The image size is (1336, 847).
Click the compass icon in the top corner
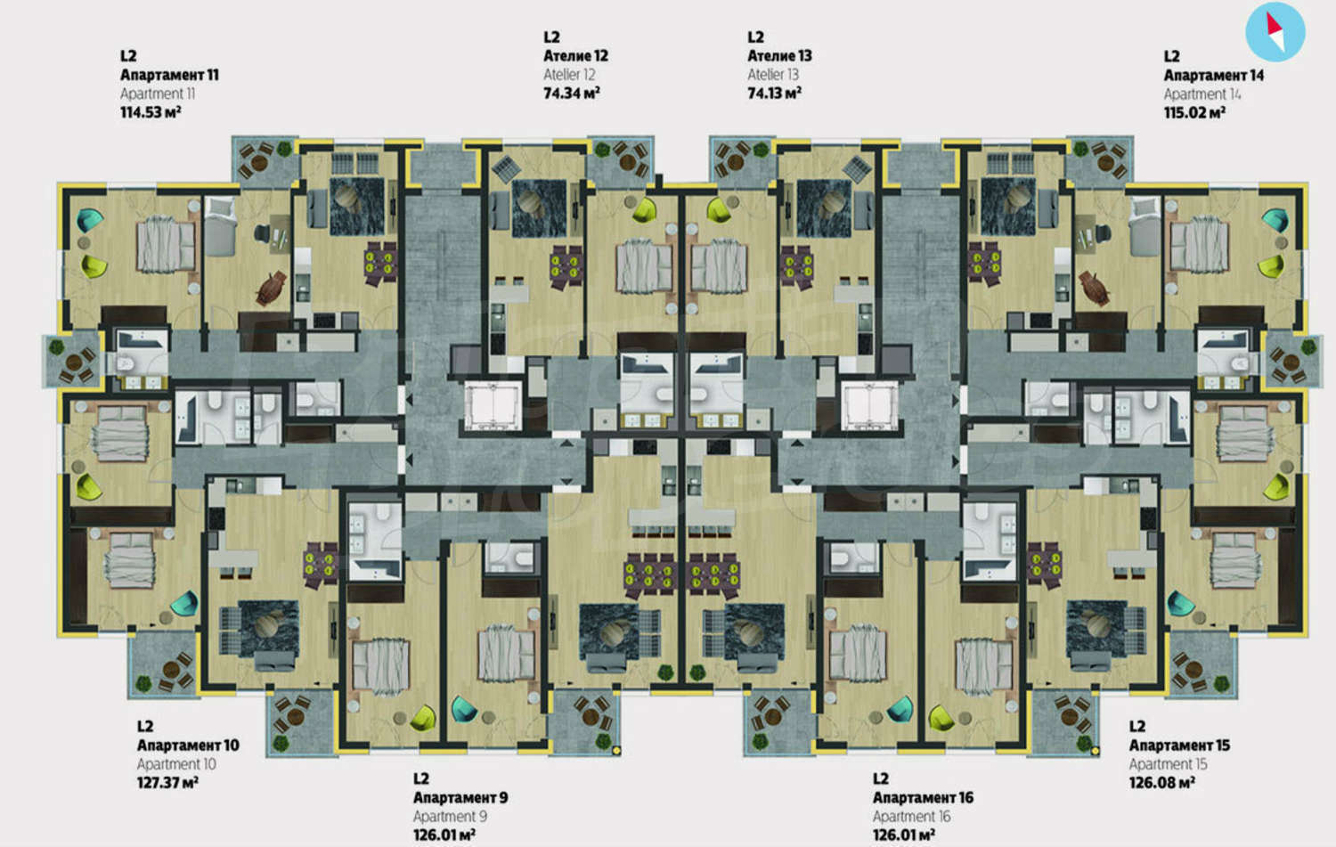pyautogui.click(x=1275, y=31)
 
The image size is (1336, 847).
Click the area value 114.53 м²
pyautogui.click(x=151, y=112)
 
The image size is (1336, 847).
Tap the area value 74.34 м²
pyautogui.click(x=572, y=93)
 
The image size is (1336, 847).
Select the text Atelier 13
pyautogui.click(x=773, y=75)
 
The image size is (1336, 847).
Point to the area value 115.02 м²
pyautogui.click(x=1194, y=112)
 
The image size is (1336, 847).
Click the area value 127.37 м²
pyautogui.click(x=167, y=782)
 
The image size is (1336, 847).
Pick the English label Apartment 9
pyautogui.click(x=451, y=816)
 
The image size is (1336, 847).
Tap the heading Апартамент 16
pyautogui.click(x=923, y=797)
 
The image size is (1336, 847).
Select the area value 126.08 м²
pyautogui.click(x=1161, y=782)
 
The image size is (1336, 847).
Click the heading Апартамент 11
pyautogui.click(x=169, y=75)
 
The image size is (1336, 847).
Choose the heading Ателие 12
pyautogui.click(x=575, y=55)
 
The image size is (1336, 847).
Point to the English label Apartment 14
pyautogui.click(x=1202, y=94)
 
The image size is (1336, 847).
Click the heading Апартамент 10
pyautogui.click(x=188, y=745)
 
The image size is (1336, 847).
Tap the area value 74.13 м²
pyautogui.click(x=774, y=93)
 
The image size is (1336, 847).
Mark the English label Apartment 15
pyautogui.click(x=1168, y=764)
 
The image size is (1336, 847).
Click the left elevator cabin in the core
pyautogui.click(x=493, y=406)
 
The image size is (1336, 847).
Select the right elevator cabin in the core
pyautogui.click(x=869, y=406)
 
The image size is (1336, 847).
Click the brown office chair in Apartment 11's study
pyautogui.click(x=271, y=288)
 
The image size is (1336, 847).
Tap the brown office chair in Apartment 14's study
pyautogui.click(x=1094, y=288)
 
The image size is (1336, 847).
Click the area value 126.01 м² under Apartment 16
pyautogui.click(x=904, y=835)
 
